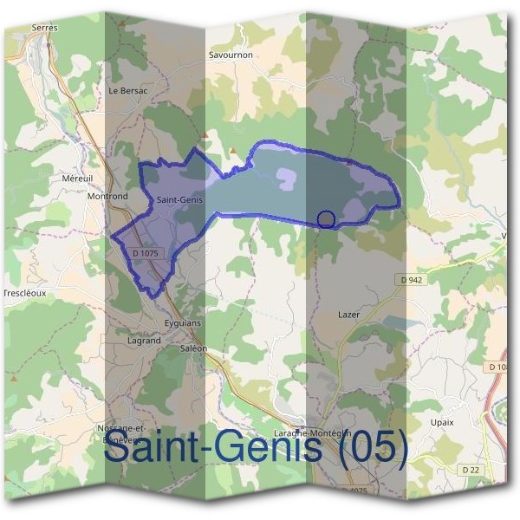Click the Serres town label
pos(43,28)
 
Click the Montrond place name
pos(107,197)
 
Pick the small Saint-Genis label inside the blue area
pos(179,200)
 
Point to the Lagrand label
pos(144,341)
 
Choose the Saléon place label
pos(193,348)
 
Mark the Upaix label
pos(442,422)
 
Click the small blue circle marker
pos(326,219)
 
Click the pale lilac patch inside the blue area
pos(286,179)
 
